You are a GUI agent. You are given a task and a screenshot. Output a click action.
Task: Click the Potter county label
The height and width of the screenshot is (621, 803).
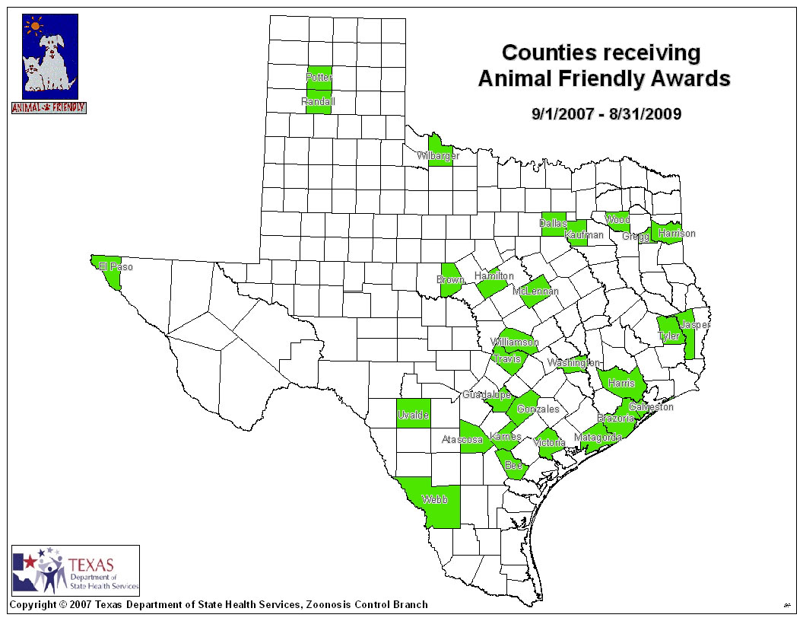coord(319,78)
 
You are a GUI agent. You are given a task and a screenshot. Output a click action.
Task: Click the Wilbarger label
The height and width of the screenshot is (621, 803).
coord(437,156)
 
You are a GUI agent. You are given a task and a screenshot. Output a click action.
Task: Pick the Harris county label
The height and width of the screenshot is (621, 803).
coord(621,383)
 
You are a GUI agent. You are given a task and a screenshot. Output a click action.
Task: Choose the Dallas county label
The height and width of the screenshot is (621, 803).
coord(554,224)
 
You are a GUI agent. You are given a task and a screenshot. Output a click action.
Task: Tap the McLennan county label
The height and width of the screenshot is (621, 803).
coord(535,291)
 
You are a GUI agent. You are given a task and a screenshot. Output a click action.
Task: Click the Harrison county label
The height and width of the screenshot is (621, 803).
coord(677,234)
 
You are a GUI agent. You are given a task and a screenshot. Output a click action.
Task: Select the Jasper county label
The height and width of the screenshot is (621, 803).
coord(695,325)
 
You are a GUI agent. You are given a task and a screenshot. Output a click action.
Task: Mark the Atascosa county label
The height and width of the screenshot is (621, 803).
coord(462,440)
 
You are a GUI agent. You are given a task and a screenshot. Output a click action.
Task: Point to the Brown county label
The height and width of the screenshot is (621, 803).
coord(450,280)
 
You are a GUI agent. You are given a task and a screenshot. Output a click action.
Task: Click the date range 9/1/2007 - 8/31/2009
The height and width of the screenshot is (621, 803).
coord(606,115)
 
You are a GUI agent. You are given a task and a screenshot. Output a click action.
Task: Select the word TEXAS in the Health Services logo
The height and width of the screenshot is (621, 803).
coord(90,565)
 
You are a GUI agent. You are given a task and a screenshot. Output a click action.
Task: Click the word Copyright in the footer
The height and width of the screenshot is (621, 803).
coord(32,605)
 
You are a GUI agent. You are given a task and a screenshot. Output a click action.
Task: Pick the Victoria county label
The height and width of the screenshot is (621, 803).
coord(549,443)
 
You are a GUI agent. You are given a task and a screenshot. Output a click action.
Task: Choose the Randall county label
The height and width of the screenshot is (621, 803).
coord(318,101)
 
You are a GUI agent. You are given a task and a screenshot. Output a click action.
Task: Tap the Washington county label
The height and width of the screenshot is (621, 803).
coord(573,363)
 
